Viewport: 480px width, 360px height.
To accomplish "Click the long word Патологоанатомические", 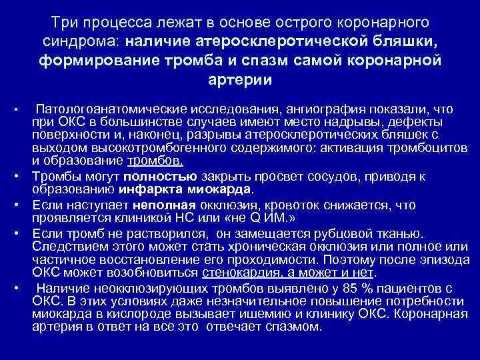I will coord(113,108).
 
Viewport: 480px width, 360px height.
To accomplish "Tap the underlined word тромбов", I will coord(155,162).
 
